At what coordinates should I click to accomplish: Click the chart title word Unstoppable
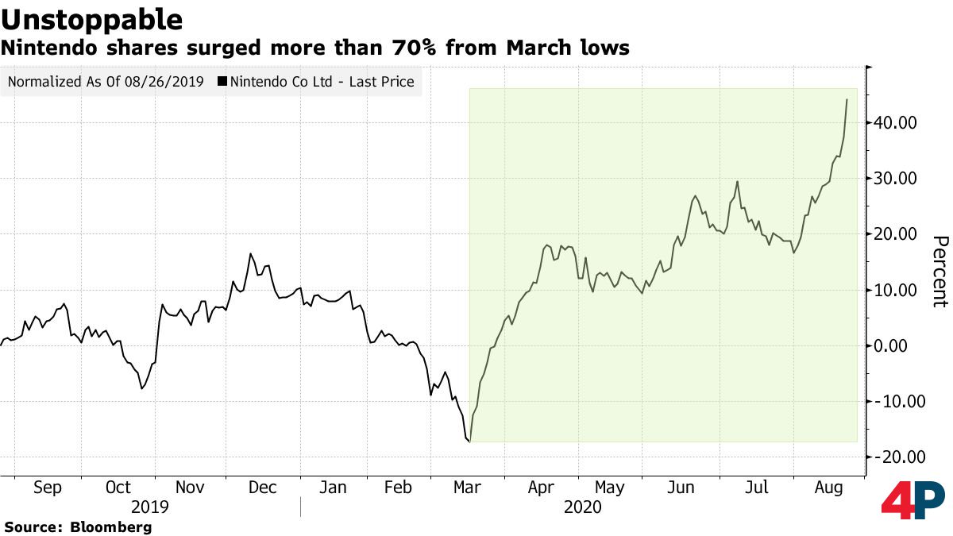click(x=91, y=19)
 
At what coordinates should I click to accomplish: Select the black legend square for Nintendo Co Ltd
click(x=222, y=81)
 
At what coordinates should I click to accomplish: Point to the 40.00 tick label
click(x=897, y=123)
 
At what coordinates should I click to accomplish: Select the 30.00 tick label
click(x=897, y=179)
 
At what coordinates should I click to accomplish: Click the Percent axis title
click(x=939, y=271)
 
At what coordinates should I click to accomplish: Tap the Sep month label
click(x=47, y=487)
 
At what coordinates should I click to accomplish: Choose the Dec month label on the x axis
click(x=262, y=487)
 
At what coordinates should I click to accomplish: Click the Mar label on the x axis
click(x=467, y=487)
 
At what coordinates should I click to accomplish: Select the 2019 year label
click(x=149, y=507)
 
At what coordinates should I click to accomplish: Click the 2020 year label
click(x=582, y=507)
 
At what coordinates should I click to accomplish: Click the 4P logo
click(x=912, y=500)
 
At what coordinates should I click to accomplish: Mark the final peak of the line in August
click(x=847, y=99)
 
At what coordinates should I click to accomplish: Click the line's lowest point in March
click(x=470, y=441)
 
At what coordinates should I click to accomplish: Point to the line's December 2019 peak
click(x=250, y=254)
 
